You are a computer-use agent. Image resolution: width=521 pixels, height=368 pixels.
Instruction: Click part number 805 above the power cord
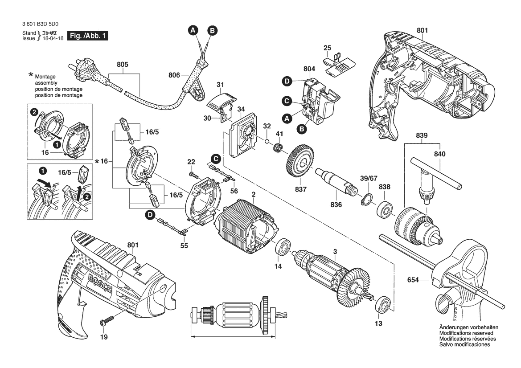[123, 65]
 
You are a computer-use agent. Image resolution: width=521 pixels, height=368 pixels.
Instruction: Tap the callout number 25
[327, 48]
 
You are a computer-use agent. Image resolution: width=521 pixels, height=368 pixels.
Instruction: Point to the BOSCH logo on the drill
[103, 283]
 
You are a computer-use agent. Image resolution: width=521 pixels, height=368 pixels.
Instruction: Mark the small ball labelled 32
[266, 142]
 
